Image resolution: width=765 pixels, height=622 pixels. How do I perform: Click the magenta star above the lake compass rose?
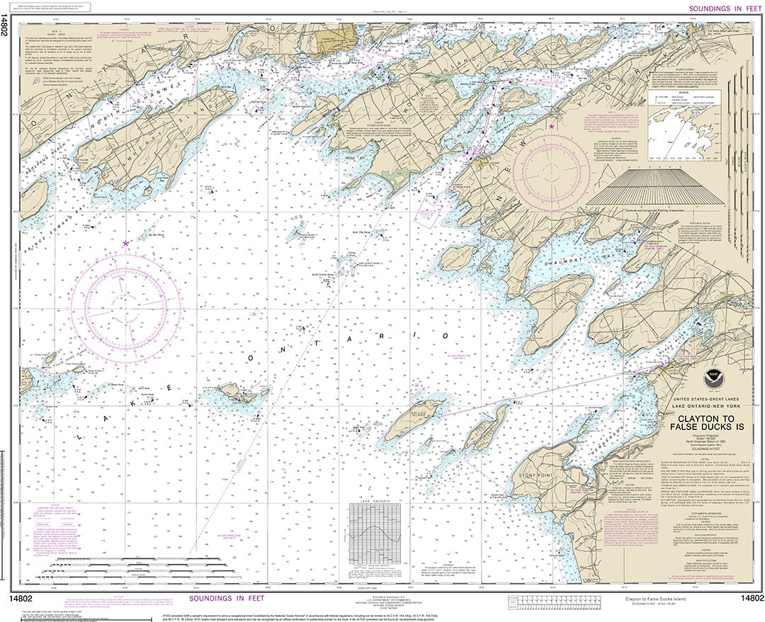click(x=126, y=243)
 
